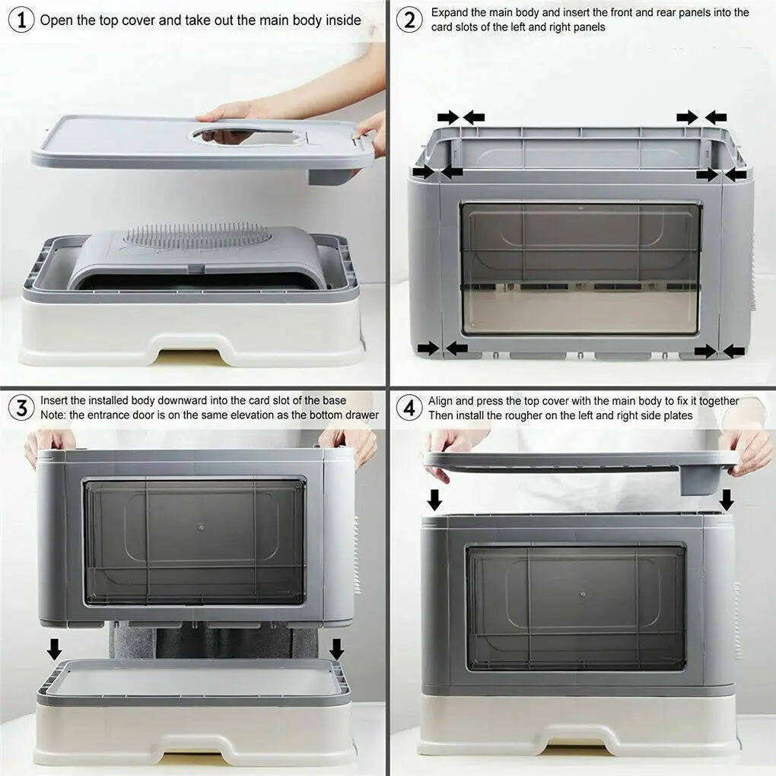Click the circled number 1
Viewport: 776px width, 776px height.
click(x=21, y=20)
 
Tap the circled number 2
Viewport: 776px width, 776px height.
click(x=409, y=20)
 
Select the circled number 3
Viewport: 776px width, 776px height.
click(x=21, y=407)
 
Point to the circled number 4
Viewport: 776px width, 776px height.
click(x=409, y=407)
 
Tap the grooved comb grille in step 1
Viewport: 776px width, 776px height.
click(x=198, y=236)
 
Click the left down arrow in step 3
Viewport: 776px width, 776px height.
click(x=54, y=649)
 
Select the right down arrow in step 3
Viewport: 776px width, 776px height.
click(x=336, y=649)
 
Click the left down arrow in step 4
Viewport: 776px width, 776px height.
click(x=434, y=500)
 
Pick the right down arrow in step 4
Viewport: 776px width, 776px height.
click(x=727, y=500)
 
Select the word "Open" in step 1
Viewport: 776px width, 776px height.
click(x=56, y=20)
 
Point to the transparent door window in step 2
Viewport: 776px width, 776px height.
click(x=580, y=268)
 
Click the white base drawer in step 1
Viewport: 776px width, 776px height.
click(x=190, y=335)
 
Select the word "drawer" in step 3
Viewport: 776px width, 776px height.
click(x=361, y=415)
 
